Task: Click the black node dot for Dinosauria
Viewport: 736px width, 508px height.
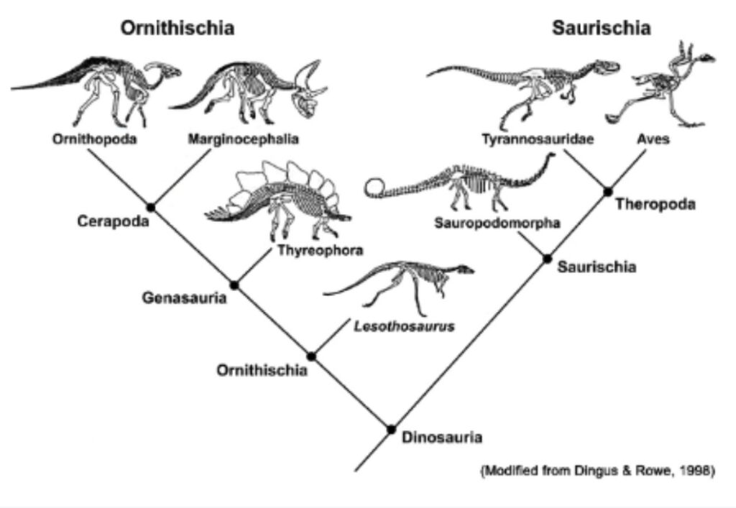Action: (x=392, y=429)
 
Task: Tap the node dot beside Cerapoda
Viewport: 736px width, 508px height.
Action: (x=151, y=207)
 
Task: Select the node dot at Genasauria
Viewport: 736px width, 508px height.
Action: (x=234, y=285)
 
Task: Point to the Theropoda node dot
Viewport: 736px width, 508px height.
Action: (x=608, y=191)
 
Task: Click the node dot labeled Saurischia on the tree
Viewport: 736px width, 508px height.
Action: (x=547, y=259)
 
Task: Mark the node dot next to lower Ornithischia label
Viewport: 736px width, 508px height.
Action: (x=311, y=356)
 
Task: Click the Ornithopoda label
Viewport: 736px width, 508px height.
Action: (x=94, y=139)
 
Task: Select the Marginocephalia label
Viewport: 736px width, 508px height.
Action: (x=243, y=139)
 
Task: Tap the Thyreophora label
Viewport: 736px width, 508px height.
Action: (x=320, y=251)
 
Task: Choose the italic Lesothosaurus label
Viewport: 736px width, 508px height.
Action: (x=404, y=326)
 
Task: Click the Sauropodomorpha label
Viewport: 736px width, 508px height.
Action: (x=497, y=223)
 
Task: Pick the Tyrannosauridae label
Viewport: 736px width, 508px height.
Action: (x=538, y=139)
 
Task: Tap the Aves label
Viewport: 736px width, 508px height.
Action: (x=653, y=139)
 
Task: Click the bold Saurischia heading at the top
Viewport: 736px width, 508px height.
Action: (x=602, y=28)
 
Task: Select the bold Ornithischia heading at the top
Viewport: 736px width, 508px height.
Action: (x=178, y=28)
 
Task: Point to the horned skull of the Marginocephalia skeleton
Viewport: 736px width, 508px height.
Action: (x=308, y=91)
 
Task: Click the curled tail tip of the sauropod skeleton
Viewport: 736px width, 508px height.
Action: (x=375, y=187)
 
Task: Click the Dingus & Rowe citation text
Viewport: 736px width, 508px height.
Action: (x=597, y=470)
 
